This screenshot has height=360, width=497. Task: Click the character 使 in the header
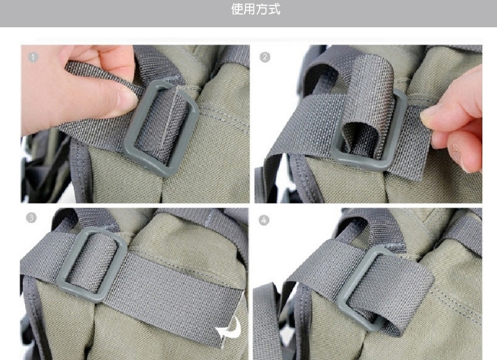point(237,10)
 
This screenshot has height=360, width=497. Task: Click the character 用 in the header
point(249,10)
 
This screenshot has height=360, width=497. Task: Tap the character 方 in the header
point(262,10)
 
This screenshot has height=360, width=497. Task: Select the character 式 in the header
point(274,10)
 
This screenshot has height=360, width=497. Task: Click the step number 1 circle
point(33,57)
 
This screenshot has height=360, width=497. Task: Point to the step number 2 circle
point(265,57)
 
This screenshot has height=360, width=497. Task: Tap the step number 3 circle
point(31,218)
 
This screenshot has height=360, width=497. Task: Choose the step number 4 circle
point(264,220)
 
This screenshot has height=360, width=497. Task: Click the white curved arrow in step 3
point(230,328)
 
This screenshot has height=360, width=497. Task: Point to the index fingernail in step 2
point(429,114)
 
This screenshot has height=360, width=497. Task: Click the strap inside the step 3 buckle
point(92,264)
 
